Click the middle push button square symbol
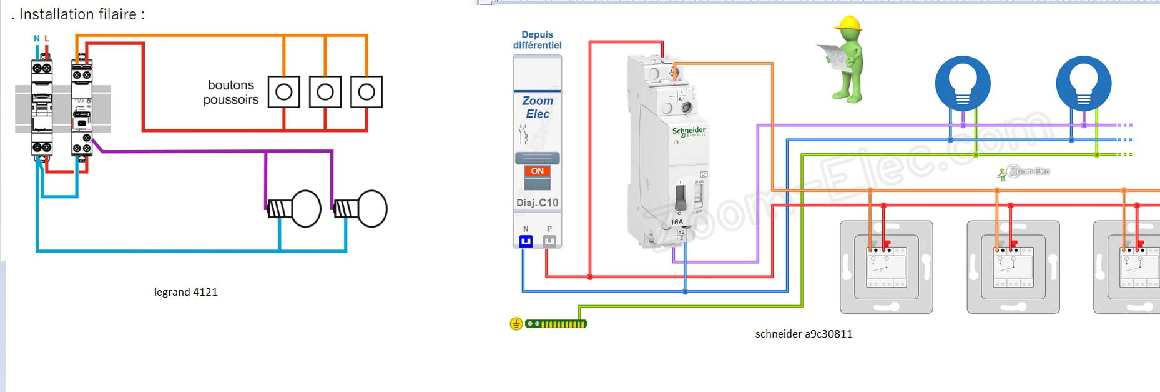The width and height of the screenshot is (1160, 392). coord(325,92)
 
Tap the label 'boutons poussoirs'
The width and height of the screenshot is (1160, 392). coord(230,93)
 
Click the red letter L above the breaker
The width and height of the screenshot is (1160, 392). coord(47,39)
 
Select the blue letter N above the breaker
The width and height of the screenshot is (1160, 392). coord(36,39)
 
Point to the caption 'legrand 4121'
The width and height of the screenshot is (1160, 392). coord(185,292)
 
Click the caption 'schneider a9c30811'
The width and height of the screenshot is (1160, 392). coord(804,334)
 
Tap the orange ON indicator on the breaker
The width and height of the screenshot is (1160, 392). coord(537,171)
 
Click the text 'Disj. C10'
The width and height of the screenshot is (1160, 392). coord(537,203)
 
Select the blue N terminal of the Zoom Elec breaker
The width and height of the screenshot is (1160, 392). coord(526,241)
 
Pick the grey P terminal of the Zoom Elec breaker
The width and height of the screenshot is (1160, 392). coord(549,241)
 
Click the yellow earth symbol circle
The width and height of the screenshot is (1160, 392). coord(516,324)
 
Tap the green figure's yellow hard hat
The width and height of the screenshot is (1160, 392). coord(848,24)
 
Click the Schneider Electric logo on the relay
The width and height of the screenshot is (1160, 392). coord(689,131)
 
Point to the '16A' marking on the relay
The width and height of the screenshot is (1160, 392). coord(677,222)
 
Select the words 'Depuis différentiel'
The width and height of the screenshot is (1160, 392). coord(537,40)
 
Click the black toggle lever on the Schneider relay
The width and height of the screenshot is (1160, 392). coord(681,197)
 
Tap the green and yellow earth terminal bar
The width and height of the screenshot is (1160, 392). coord(556,324)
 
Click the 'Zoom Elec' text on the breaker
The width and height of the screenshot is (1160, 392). coord(537,107)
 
